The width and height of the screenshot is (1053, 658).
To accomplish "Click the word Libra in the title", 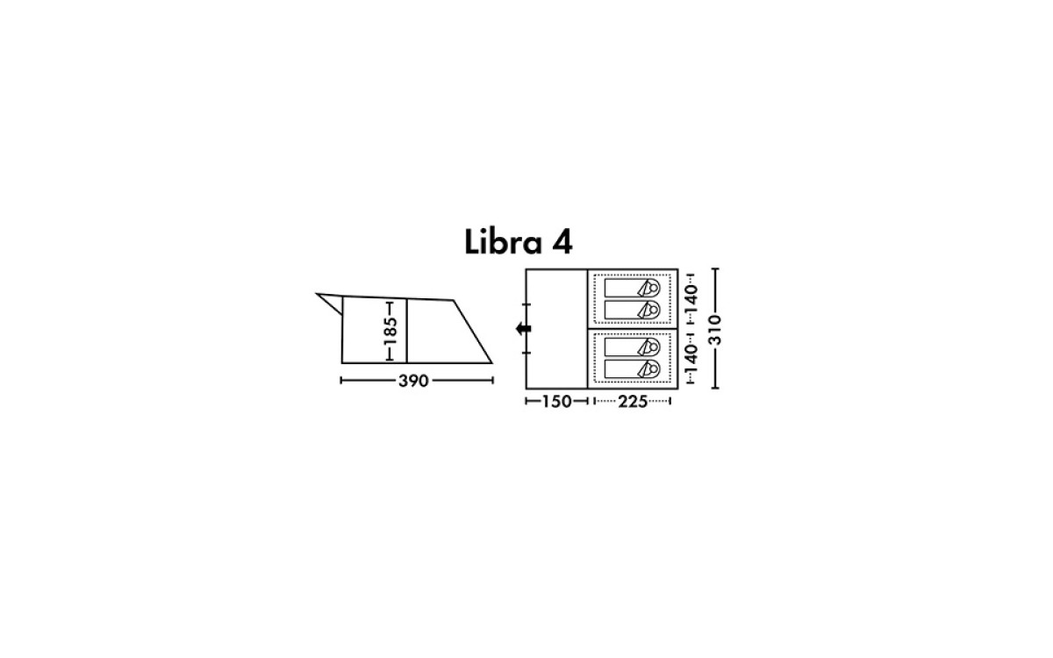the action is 503,242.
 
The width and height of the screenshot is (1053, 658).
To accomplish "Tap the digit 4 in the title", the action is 562,242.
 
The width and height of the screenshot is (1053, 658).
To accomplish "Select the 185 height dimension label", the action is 390,331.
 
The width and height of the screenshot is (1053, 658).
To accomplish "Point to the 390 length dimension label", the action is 413,381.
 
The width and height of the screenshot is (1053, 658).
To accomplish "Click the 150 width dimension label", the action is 557,402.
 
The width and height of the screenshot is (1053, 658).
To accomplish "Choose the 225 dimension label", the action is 633,402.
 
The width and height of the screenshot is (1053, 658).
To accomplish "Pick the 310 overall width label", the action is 714,330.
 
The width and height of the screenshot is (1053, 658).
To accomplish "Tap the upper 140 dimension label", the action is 691,299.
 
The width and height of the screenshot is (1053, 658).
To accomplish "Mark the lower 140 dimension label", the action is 691,359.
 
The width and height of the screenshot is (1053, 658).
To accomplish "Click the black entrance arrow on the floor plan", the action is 524,328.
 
